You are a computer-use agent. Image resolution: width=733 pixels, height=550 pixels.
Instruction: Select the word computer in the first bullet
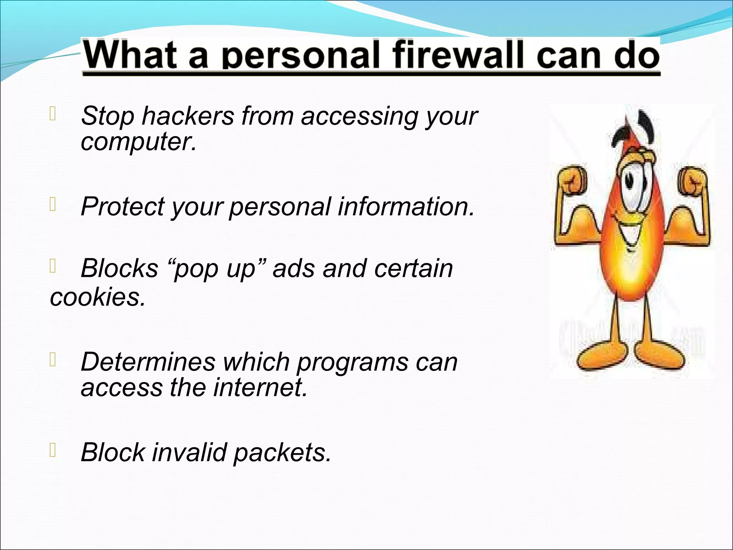click(138, 142)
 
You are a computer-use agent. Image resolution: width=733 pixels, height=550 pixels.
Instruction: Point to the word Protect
click(122, 207)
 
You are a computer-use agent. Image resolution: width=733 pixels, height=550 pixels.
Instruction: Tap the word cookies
click(98, 297)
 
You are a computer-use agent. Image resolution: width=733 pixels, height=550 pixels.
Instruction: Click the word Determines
click(148, 362)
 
